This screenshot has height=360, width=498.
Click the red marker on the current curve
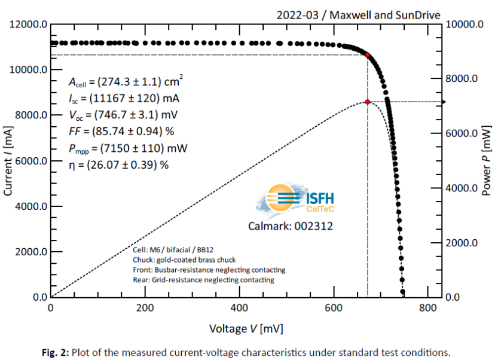(367, 55)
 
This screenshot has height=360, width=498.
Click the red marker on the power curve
(367, 102)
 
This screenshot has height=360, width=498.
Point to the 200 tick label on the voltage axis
(145, 309)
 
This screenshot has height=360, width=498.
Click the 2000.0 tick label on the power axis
(462, 243)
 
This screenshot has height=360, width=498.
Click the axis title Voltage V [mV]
(246, 328)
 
